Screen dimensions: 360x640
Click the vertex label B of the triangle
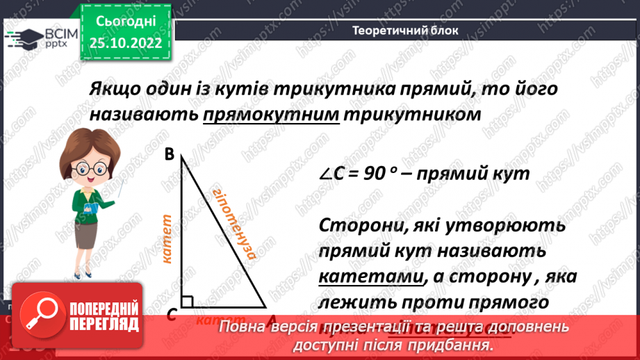click(x=169, y=156)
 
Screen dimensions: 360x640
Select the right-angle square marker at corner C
click(x=186, y=301)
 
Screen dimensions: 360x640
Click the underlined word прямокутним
click(x=271, y=114)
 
